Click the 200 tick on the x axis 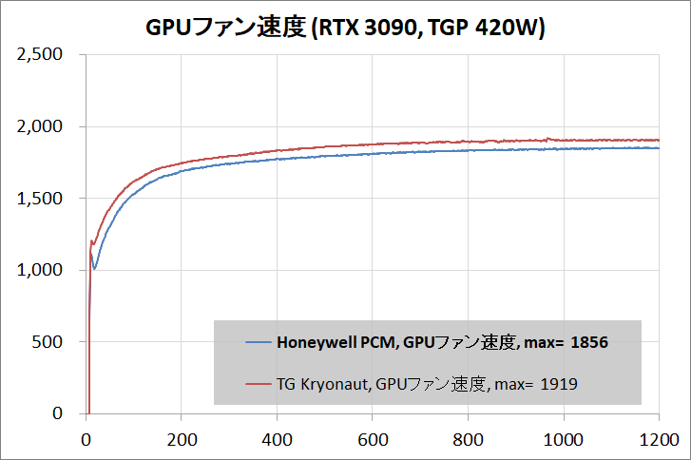181,440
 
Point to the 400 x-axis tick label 277,440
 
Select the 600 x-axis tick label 373,440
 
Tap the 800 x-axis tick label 468,440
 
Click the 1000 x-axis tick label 564,440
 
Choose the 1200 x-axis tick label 659,440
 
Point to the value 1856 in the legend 588,342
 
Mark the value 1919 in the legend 558,384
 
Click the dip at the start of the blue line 94,268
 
